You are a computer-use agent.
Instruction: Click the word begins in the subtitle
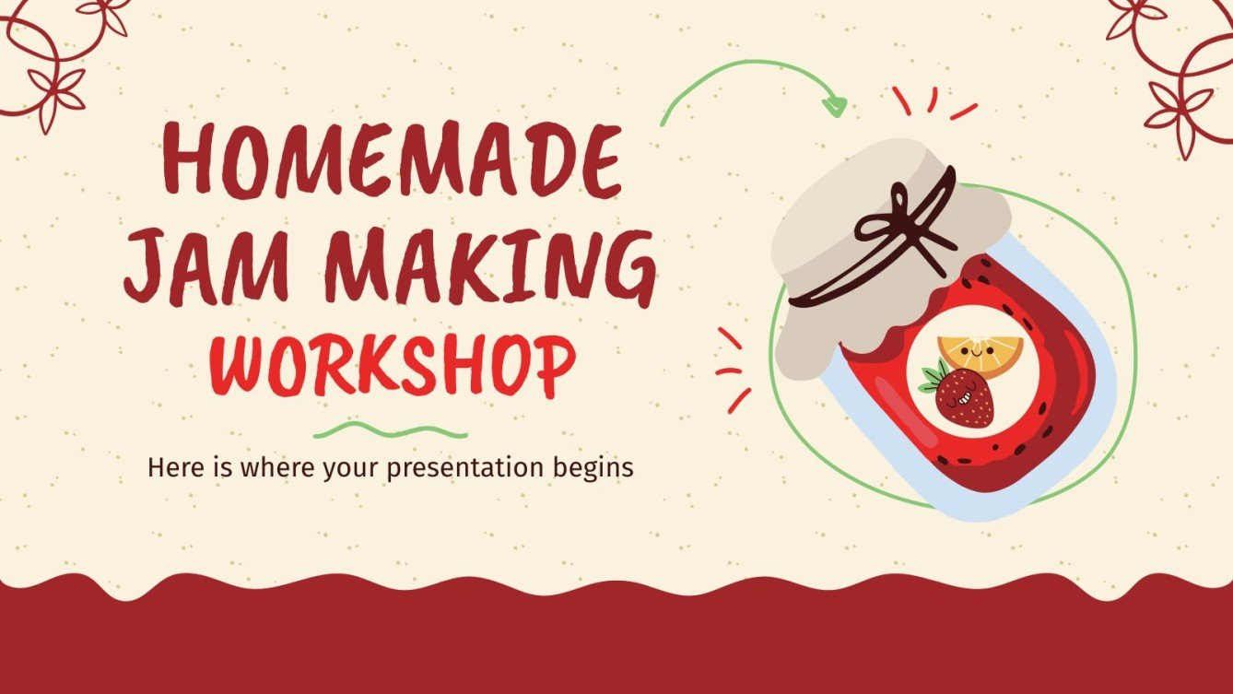coord(596,468)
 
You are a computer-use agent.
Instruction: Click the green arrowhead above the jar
coord(834,106)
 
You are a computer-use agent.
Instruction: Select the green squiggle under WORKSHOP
coord(391,429)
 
